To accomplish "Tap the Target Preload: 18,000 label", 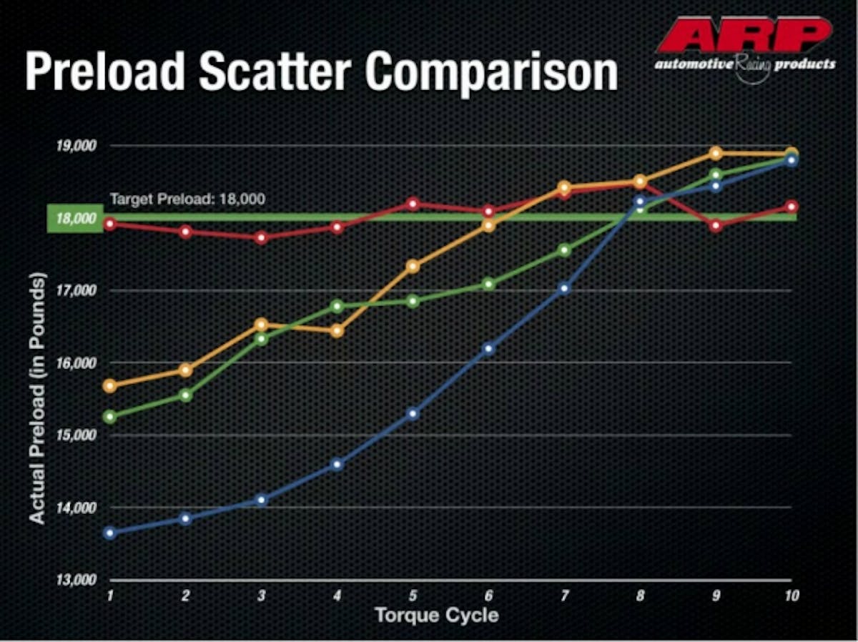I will tap(187, 199).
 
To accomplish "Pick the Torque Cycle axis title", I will tap(436, 615).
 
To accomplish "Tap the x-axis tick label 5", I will tap(413, 596).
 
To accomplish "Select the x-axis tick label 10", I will tap(790, 596).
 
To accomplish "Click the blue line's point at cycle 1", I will tap(109, 533).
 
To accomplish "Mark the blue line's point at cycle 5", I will tap(413, 414).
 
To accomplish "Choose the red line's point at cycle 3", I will tap(262, 237).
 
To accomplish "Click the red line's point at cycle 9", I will tap(716, 226).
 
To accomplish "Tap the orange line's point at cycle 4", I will tap(337, 331).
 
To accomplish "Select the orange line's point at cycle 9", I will tap(716, 153).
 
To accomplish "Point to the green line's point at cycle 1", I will tap(109, 416).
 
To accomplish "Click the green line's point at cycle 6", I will tap(489, 284).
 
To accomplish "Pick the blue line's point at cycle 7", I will tap(564, 289).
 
